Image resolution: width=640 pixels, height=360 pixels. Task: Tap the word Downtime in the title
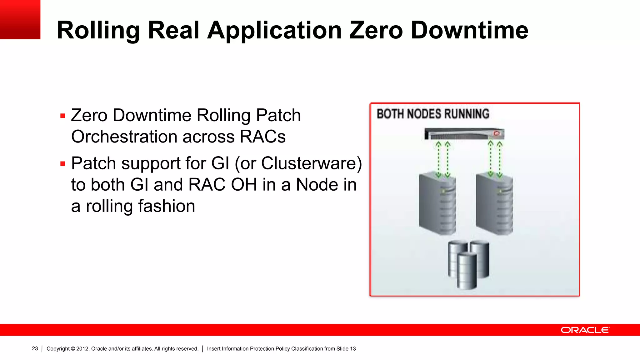[469, 31]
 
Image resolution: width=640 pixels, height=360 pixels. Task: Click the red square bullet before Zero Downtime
[63, 116]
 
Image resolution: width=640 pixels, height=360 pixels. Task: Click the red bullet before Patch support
[63, 164]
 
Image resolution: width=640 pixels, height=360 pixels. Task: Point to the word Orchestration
[124, 137]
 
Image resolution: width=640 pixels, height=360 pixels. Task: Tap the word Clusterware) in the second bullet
[311, 163]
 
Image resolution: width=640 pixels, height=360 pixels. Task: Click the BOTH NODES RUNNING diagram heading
[433, 114]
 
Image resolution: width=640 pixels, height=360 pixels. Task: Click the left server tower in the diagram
[437, 205]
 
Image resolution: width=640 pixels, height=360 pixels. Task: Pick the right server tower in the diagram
[494, 205]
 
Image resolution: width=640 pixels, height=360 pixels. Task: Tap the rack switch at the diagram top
[464, 134]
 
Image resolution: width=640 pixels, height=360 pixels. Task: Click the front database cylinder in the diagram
[467, 271]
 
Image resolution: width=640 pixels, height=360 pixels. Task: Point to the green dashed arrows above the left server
[443, 159]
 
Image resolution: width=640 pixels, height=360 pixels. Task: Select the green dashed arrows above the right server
[495, 159]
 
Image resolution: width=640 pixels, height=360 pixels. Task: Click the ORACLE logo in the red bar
[585, 330]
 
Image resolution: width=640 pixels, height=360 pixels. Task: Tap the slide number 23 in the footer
[35, 349]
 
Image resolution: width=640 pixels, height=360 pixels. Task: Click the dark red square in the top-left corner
[20, 19]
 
